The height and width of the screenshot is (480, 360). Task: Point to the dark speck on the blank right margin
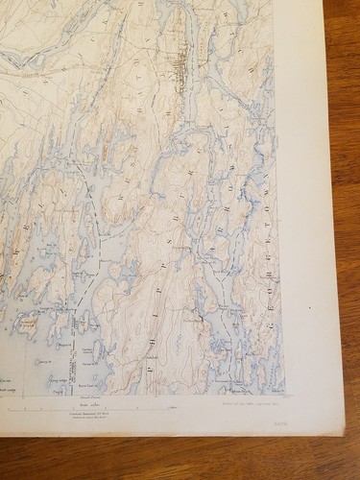(x=310, y=309)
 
